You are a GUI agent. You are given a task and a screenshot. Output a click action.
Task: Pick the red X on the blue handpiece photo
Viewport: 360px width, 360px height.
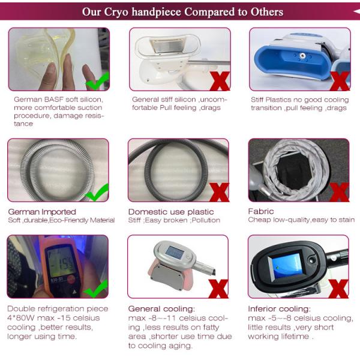pyautogui.click(x=340, y=80)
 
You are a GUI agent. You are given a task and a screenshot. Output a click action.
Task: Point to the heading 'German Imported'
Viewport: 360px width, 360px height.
pyautogui.click(x=42, y=212)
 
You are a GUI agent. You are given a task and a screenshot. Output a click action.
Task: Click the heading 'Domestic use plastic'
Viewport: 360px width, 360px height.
pyautogui.click(x=171, y=212)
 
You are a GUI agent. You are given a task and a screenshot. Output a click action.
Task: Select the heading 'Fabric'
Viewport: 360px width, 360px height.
pyautogui.click(x=261, y=211)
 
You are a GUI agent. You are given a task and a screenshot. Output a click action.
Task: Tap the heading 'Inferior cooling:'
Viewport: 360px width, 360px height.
pyautogui.click(x=279, y=309)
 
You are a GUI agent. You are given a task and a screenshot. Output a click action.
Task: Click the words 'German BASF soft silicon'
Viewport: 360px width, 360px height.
pyautogui.click(x=58, y=100)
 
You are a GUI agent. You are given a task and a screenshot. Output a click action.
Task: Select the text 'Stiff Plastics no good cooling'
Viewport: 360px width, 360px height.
pyautogui.click(x=298, y=100)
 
